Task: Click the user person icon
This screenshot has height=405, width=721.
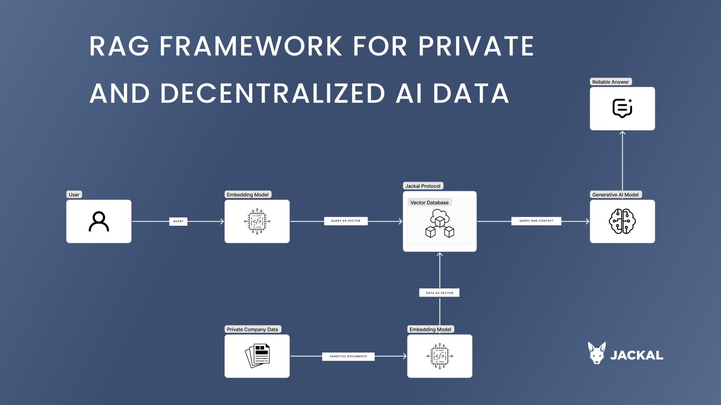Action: [x=99, y=222]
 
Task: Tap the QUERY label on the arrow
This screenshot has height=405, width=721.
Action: [x=178, y=221]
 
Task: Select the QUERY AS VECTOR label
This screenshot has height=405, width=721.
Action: [x=345, y=221]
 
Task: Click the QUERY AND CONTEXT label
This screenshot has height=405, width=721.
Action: [x=536, y=221]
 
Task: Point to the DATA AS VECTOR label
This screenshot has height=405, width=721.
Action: [x=439, y=293]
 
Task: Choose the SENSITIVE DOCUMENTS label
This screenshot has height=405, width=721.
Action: [x=348, y=356]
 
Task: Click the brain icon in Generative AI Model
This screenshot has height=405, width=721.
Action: [x=622, y=221]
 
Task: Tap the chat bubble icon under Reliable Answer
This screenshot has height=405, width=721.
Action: [x=622, y=108]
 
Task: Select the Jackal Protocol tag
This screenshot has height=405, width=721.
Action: [x=423, y=186]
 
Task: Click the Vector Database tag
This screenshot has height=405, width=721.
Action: [x=429, y=202]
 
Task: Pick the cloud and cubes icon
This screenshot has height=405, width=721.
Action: [x=440, y=223]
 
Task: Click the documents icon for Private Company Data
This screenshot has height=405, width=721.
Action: [x=257, y=356]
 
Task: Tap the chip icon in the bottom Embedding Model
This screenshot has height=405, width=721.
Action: [x=440, y=356]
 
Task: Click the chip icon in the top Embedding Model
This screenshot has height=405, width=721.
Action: [x=257, y=221]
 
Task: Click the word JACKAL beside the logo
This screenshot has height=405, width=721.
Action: [x=637, y=355]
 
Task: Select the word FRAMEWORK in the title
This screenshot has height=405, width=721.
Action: [x=251, y=46]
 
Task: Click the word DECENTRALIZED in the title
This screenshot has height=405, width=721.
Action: [x=273, y=94]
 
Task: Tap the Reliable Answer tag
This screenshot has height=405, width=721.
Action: [x=610, y=82]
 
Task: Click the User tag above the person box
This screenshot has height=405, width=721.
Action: [x=74, y=195]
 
